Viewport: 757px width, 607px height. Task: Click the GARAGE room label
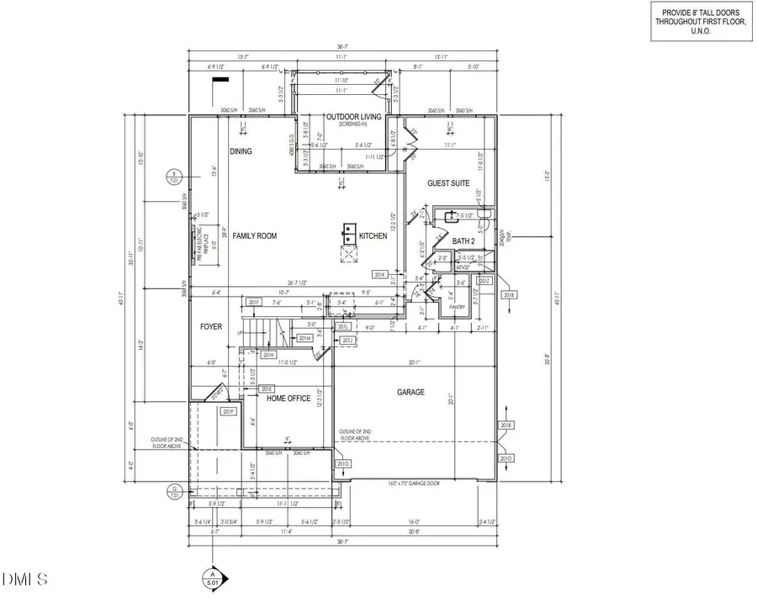(411, 393)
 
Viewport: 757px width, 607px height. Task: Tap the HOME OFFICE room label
(289, 399)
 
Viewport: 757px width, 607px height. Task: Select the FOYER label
(210, 326)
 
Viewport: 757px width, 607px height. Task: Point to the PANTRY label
(457, 307)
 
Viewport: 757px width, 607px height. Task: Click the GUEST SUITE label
(446, 183)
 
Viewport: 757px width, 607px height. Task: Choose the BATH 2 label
(463, 241)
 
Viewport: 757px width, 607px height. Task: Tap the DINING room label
(241, 151)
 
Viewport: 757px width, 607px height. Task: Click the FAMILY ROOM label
(255, 236)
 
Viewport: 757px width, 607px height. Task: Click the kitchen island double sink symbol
(347, 230)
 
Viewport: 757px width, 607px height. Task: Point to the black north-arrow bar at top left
(220, 79)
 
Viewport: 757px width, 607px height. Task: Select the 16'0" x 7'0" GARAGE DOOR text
(415, 483)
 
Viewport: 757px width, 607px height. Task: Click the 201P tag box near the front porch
(226, 412)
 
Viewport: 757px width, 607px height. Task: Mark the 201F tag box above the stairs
(254, 302)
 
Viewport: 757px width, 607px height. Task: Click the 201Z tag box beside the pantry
(484, 281)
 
